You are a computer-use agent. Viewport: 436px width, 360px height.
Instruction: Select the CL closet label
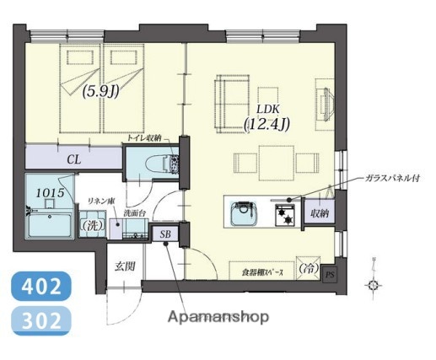(x=74, y=158)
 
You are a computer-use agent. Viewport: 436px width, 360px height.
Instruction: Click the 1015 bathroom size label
(x=50, y=194)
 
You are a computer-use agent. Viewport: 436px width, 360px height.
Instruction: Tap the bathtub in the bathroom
(x=50, y=226)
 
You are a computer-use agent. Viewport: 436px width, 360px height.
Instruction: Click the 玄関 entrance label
(x=126, y=266)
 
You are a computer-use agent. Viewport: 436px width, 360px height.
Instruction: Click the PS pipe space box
(x=329, y=274)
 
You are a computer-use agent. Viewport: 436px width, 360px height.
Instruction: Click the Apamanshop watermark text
(x=218, y=318)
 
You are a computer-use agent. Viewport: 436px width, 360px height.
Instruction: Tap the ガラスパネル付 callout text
(x=390, y=180)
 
